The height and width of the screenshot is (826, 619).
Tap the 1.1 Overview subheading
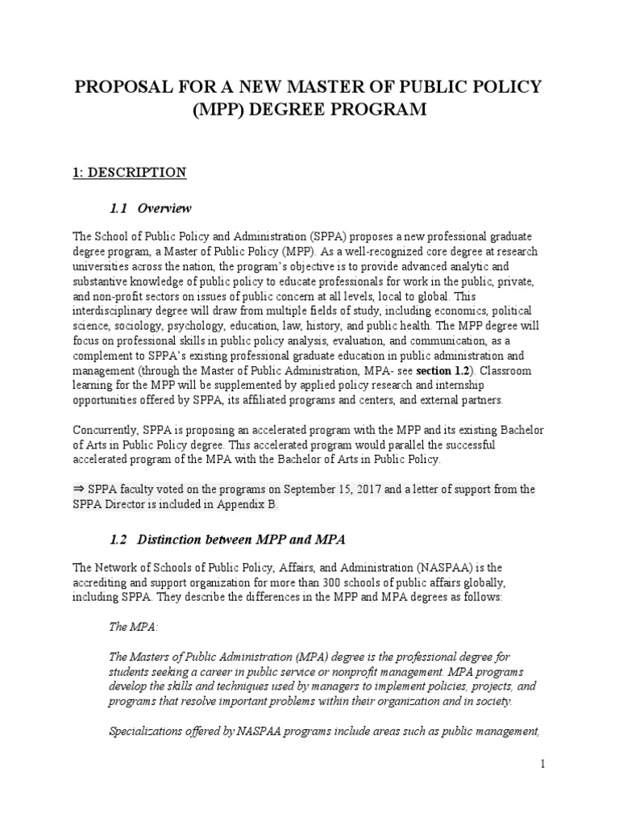tap(150, 209)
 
